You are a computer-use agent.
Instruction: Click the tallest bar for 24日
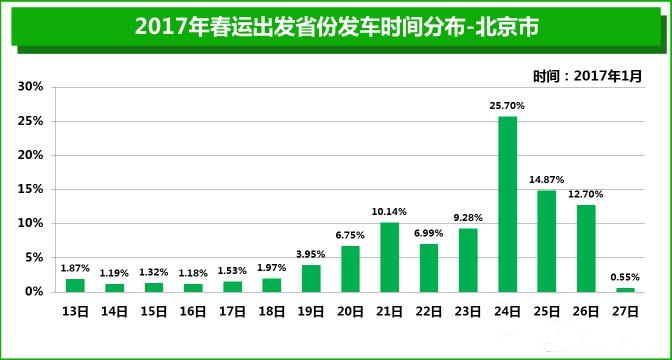(x=507, y=204)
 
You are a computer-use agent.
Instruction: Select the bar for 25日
(x=547, y=241)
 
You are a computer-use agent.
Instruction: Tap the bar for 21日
(x=389, y=257)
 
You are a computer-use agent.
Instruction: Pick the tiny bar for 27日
(x=625, y=289)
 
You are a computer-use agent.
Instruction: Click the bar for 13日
(x=75, y=285)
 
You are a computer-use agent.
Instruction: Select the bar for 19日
(x=311, y=278)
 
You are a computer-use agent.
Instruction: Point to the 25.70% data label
(x=507, y=105)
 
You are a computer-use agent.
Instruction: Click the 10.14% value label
(x=389, y=211)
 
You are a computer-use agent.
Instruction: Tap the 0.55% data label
(x=625, y=276)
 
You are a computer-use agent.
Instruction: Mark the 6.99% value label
(x=429, y=232)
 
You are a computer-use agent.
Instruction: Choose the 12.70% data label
(x=586, y=193)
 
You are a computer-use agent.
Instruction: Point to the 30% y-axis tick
(x=30, y=87)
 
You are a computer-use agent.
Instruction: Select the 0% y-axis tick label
(x=34, y=291)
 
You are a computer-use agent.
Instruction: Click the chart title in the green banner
(x=336, y=27)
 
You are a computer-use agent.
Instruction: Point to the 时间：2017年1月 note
(x=587, y=75)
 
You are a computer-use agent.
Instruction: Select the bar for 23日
(x=468, y=260)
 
